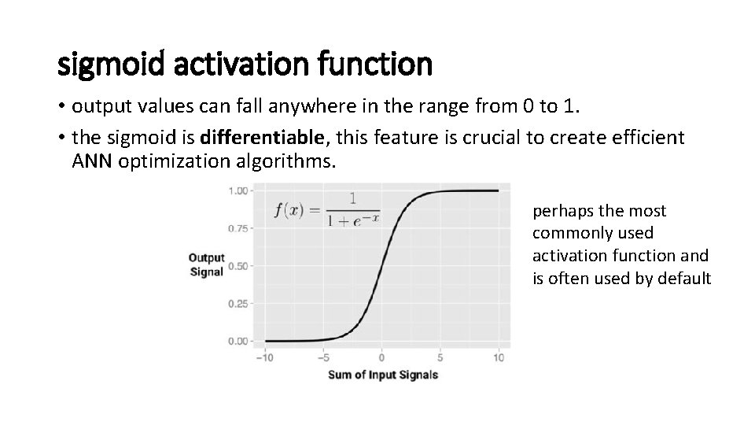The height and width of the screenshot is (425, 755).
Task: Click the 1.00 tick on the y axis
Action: click(x=239, y=190)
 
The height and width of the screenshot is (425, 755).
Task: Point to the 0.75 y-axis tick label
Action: click(x=239, y=228)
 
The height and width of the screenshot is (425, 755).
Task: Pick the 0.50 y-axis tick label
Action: click(x=239, y=265)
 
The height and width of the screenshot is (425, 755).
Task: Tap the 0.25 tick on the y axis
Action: click(x=239, y=303)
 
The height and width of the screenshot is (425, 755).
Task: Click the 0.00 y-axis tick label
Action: click(x=239, y=341)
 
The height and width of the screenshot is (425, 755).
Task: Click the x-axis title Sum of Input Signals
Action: click(x=382, y=375)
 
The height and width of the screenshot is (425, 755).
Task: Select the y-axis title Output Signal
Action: click(x=206, y=264)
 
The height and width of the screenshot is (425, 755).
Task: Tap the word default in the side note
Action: click(x=684, y=278)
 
